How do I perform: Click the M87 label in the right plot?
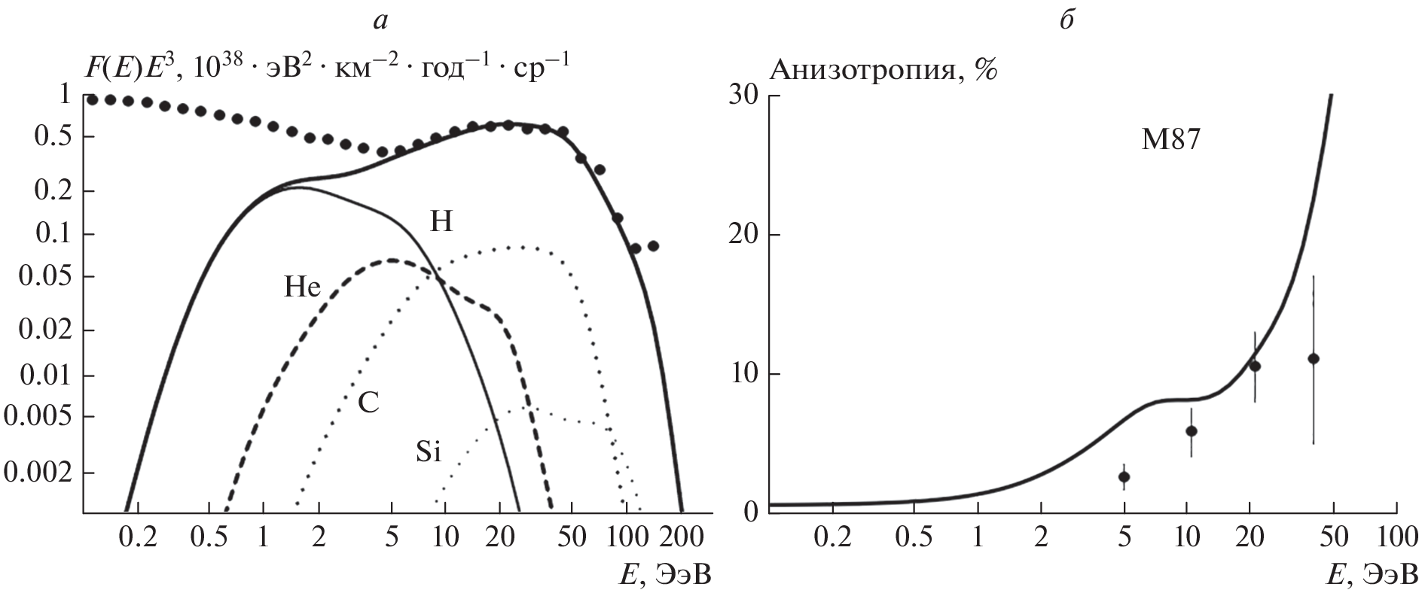tap(1170, 141)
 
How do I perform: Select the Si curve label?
tap(428, 452)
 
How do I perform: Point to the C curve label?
tap(368, 404)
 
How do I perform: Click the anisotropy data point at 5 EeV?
tap(1124, 476)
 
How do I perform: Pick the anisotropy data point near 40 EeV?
tap(1314, 358)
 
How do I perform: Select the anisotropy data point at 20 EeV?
tap(1255, 366)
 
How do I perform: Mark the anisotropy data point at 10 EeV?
tap(1192, 430)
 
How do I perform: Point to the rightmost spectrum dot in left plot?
tap(653, 246)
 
